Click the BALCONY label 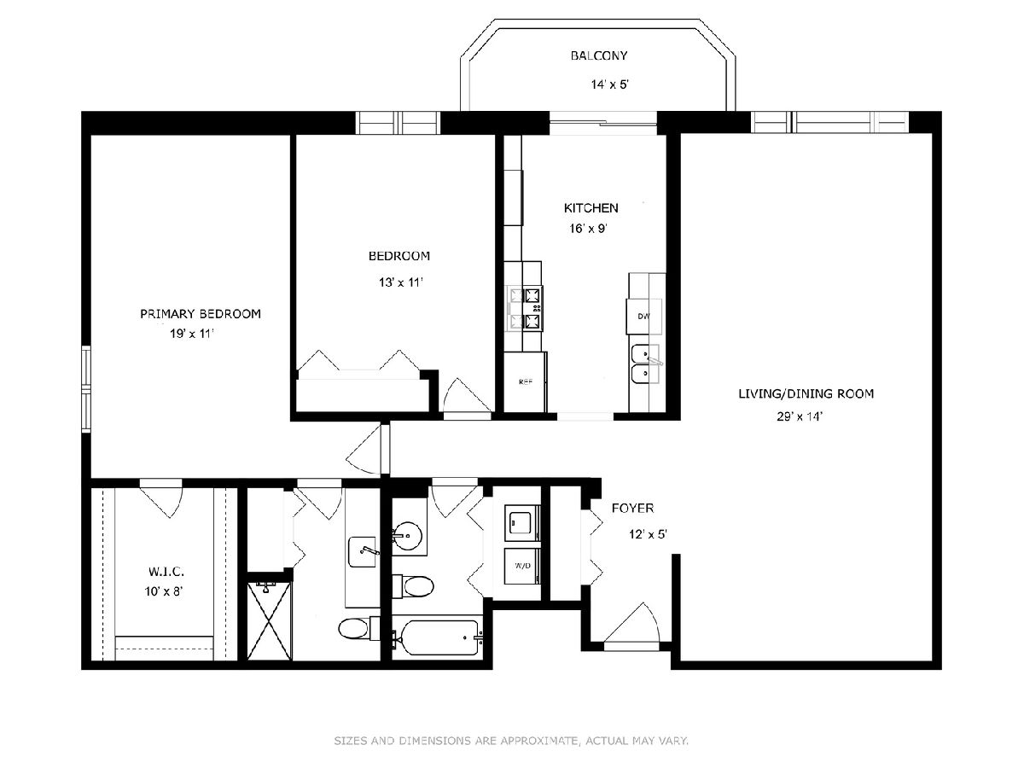pyautogui.click(x=598, y=56)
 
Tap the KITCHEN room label pyautogui.click(x=591, y=208)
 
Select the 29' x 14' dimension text pyautogui.click(x=799, y=416)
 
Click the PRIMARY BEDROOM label pyautogui.click(x=201, y=314)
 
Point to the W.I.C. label pyautogui.click(x=166, y=571)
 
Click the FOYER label pyautogui.click(x=632, y=508)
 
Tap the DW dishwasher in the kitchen pyautogui.click(x=643, y=317)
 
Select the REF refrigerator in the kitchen pyautogui.click(x=526, y=382)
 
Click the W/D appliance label pyautogui.click(x=522, y=566)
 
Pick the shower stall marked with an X pyautogui.click(x=269, y=620)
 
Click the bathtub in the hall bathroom pyautogui.click(x=437, y=637)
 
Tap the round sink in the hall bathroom pyautogui.click(x=407, y=534)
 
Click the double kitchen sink pyautogui.click(x=646, y=364)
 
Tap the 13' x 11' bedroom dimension pyautogui.click(x=401, y=282)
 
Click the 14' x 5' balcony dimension pyautogui.click(x=610, y=84)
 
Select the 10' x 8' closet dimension pyautogui.click(x=163, y=591)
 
